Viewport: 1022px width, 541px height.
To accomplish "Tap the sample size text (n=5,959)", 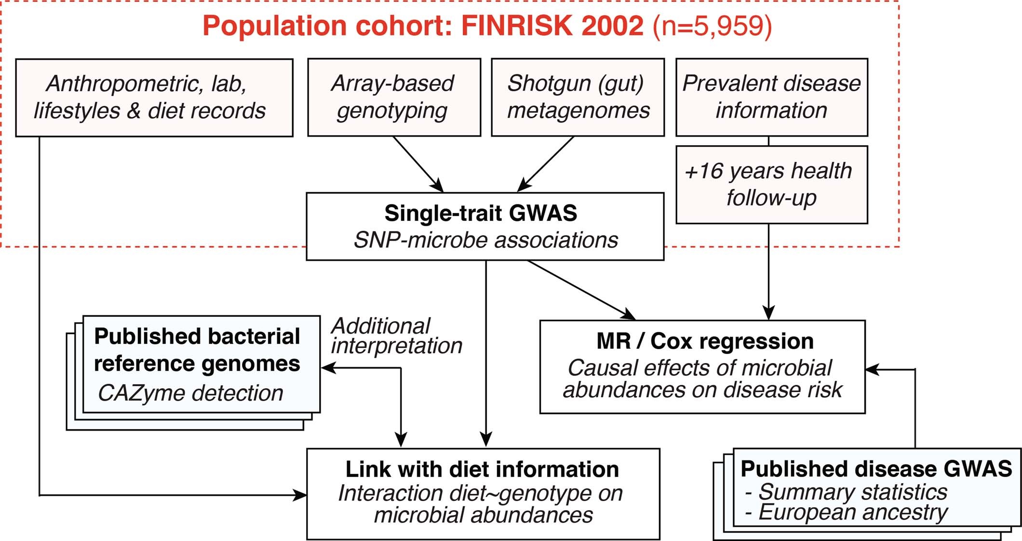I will (712, 26).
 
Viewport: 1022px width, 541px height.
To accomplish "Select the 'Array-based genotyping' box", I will (394, 97).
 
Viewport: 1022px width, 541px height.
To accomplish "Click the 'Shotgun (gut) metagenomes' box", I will (578, 97).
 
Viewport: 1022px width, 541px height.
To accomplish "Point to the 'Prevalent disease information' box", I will (771, 97).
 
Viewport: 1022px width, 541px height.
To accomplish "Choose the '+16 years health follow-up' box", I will (771, 185).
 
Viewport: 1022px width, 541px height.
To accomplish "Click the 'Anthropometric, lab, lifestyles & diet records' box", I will (154, 98).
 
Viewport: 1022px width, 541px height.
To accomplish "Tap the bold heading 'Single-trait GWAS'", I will (481, 213).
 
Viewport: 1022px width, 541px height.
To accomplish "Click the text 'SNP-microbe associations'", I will (485, 240).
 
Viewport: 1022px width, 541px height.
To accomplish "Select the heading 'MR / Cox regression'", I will (705, 341).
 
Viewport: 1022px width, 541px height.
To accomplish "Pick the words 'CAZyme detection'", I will (190, 393).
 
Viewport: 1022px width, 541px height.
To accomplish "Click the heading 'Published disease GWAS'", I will (876, 469).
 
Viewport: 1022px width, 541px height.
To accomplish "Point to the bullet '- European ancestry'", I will (846, 513).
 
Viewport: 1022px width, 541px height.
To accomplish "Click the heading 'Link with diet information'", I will (482, 469).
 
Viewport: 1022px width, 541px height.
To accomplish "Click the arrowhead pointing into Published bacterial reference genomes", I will (327, 368).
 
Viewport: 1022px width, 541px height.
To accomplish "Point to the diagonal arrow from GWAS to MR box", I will (581, 290).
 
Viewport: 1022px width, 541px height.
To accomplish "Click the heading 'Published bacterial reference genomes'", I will (197, 350).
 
